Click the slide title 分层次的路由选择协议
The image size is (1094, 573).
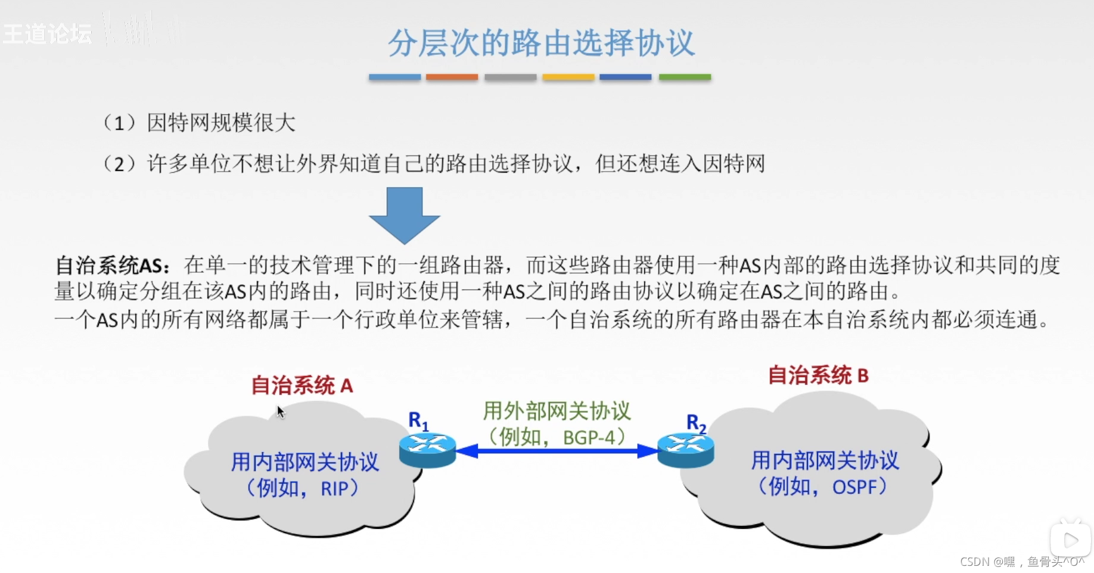tap(541, 43)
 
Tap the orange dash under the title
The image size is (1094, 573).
tap(452, 77)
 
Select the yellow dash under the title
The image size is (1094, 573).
tap(568, 77)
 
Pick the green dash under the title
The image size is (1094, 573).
tap(685, 77)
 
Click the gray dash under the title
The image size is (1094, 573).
tap(510, 77)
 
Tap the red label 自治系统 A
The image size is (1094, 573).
tap(302, 386)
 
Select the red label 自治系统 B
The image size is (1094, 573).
tap(818, 376)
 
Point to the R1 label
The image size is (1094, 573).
tap(418, 421)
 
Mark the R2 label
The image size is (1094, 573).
tap(695, 423)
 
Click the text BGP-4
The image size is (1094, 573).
tap(589, 438)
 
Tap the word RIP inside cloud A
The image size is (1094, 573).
tap(334, 489)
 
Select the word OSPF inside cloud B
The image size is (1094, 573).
tap(855, 487)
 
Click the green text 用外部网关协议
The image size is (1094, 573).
tap(557, 411)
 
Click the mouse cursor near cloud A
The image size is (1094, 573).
tap(280, 412)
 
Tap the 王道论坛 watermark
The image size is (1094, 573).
tap(48, 33)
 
